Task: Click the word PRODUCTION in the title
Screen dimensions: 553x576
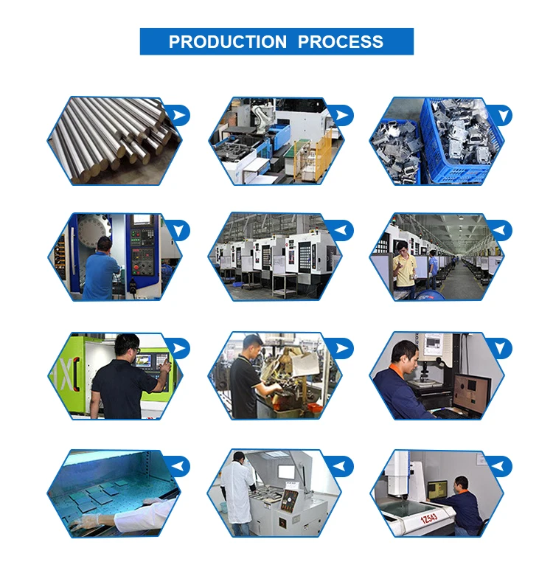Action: [x=228, y=42]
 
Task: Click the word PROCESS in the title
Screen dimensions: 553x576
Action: [x=341, y=42]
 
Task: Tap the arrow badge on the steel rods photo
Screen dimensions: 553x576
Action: [x=178, y=115]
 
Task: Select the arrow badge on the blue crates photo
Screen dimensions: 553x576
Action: [x=501, y=115]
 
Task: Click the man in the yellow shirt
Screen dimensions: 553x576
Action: [x=404, y=268]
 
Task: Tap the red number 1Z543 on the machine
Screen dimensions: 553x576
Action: [x=428, y=518]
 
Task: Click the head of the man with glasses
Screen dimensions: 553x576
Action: [x=127, y=345]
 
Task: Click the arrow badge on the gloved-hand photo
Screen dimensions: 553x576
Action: [x=178, y=467]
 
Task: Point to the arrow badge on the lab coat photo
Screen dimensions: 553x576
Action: [x=341, y=467]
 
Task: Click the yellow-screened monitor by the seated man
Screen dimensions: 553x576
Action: [x=438, y=490]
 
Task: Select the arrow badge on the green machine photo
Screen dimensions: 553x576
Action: [x=178, y=348]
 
